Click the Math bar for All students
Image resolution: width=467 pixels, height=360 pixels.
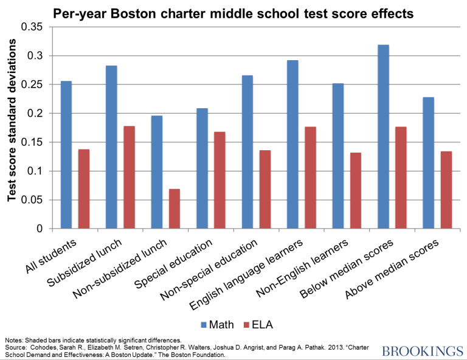(66, 155)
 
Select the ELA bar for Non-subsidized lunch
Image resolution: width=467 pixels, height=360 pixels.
(175, 209)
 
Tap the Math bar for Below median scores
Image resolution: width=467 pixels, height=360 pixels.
(383, 137)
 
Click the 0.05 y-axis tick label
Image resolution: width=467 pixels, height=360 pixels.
(32, 200)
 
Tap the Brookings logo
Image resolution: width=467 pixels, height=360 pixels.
(421, 350)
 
